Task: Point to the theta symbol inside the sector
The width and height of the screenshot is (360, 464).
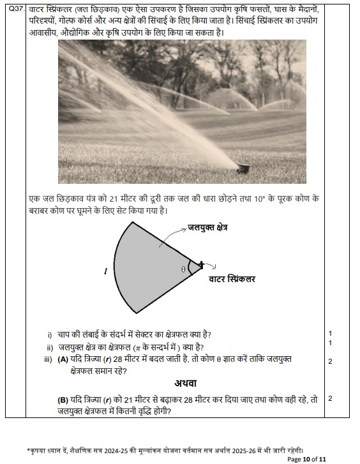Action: pos(183,269)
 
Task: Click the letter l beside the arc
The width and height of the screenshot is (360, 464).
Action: pos(105,271)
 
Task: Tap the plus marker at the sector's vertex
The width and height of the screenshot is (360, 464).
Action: pos(202,264)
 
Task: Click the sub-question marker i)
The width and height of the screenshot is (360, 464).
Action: pos(50,334)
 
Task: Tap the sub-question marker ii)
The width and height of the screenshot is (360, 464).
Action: pos(49,347)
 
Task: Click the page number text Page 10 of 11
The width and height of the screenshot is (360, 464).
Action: pos(307,459)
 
